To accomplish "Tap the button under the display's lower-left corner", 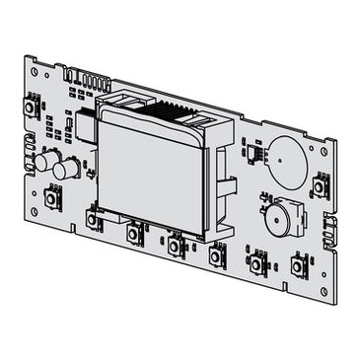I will (94, 221).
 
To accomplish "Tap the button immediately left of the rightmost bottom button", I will (258, 264).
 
